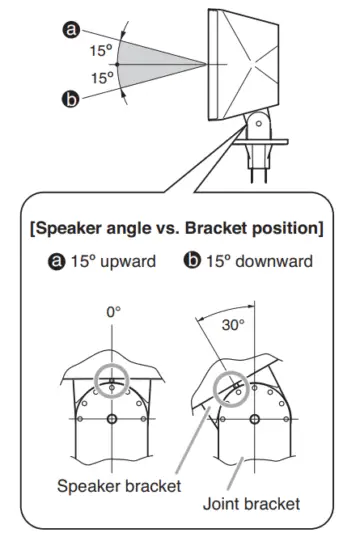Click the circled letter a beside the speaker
70,31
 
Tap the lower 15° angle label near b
100,78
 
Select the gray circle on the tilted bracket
229,387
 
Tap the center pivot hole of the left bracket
113,417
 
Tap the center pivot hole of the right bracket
253,418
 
